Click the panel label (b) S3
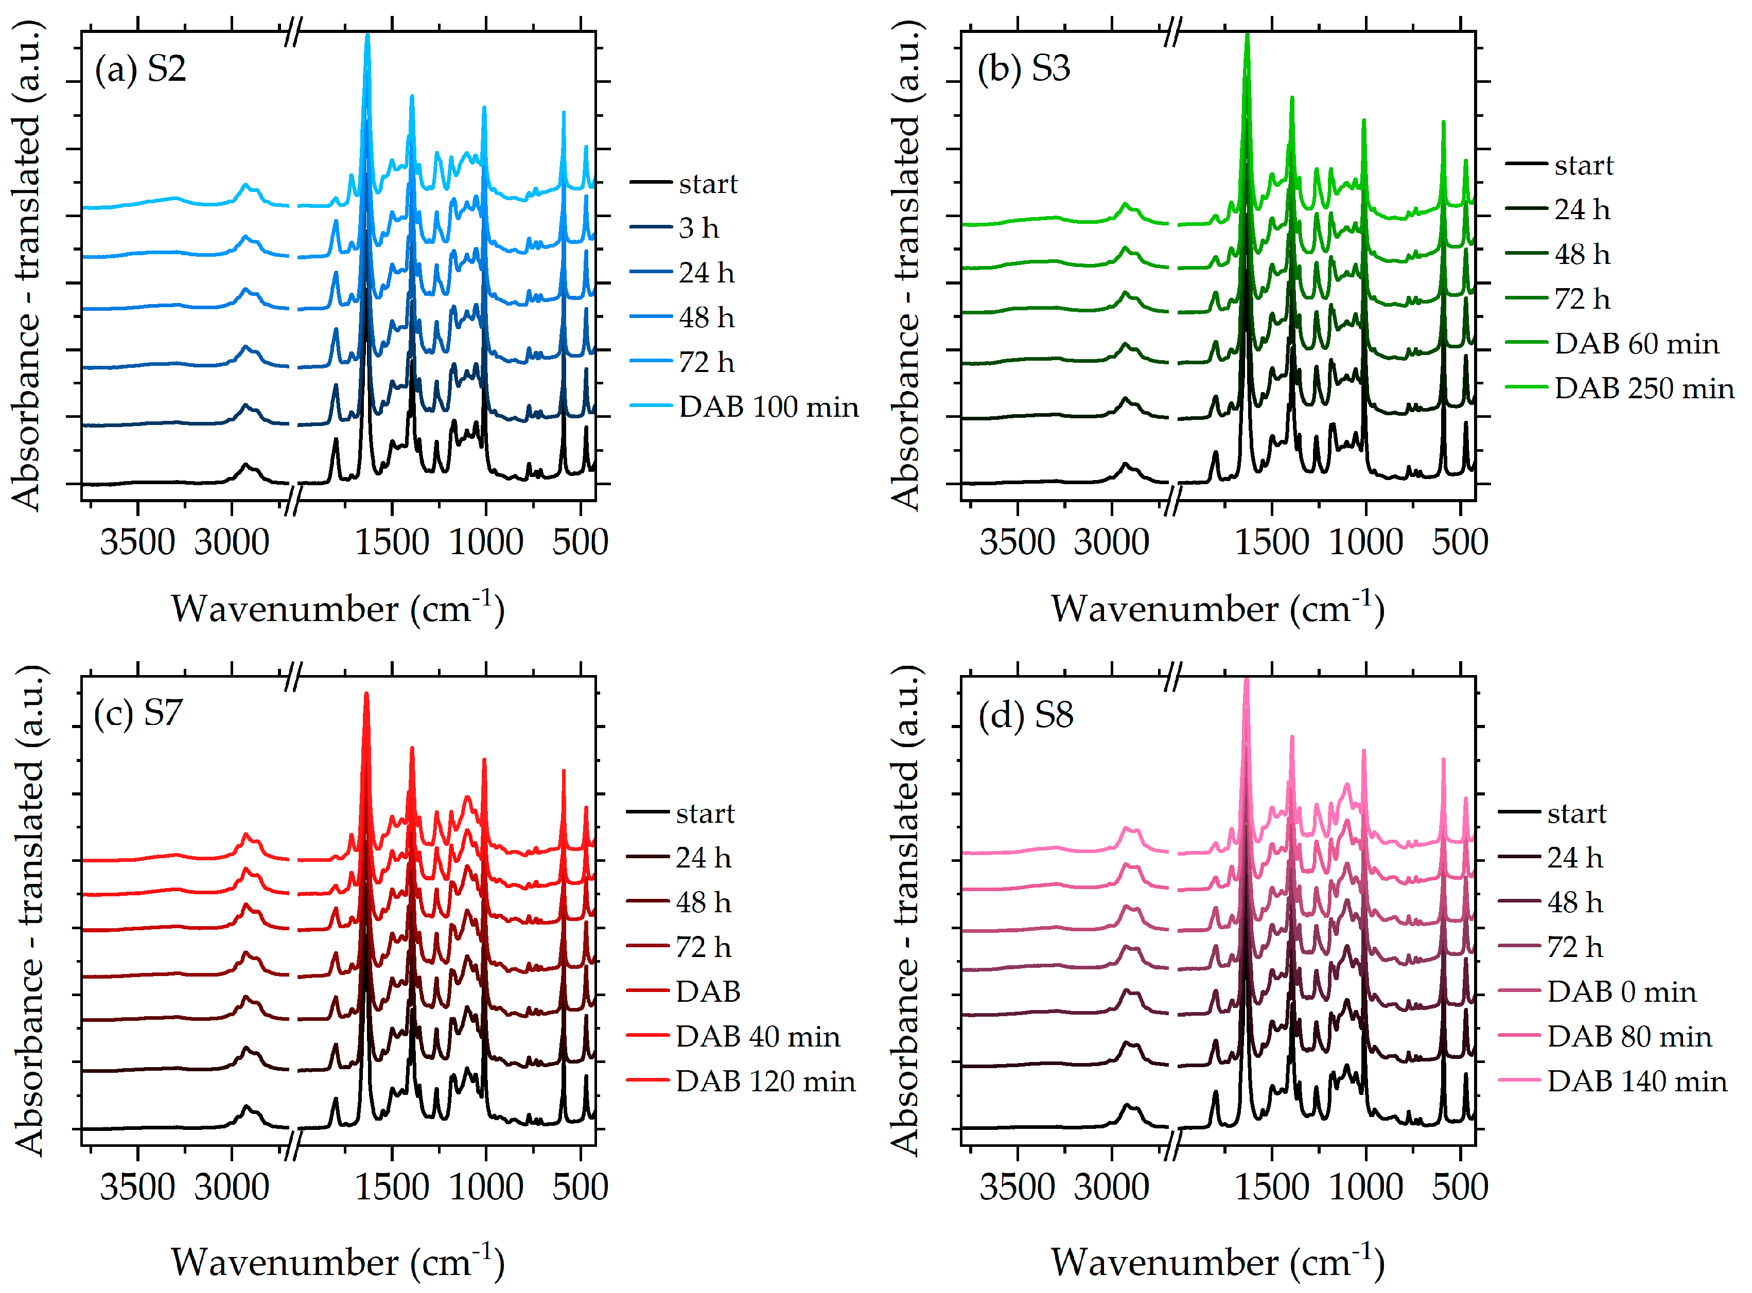tap(1023, 69)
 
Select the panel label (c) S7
tap(138, 714)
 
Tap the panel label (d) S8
tap(1026, 715)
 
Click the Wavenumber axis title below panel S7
tap(338, 1261)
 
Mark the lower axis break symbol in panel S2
tap(291, 501)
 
